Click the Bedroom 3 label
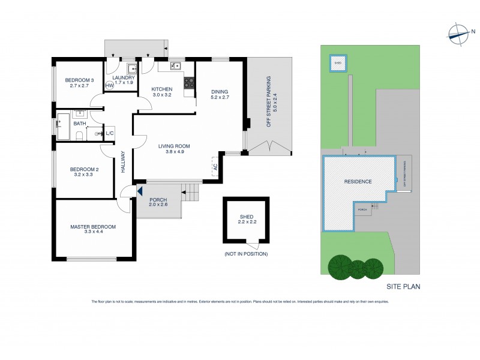[80, 80]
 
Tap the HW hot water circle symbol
[110, 86]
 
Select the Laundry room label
[122, 78]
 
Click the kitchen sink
[176, 66]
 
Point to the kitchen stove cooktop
[190, 84]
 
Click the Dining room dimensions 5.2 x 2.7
[221, 96]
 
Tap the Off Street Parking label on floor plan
[269, 102]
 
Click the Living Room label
[174, 146]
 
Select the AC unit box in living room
[215, 166]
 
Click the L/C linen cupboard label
[110, 134]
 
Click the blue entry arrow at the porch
[139, 191]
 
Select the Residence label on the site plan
[358, 181]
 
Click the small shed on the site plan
[337, 62]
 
